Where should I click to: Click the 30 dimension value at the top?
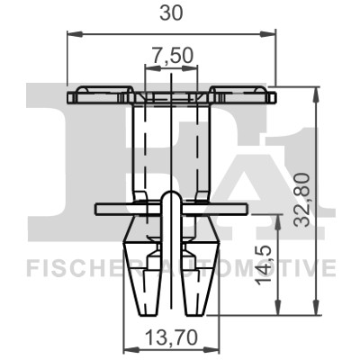[x=170, y=14]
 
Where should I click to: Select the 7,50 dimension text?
[x=171, y=56]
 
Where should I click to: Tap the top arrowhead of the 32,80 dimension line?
[x=316, y=93]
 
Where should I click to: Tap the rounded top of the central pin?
[x=170, y=195]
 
